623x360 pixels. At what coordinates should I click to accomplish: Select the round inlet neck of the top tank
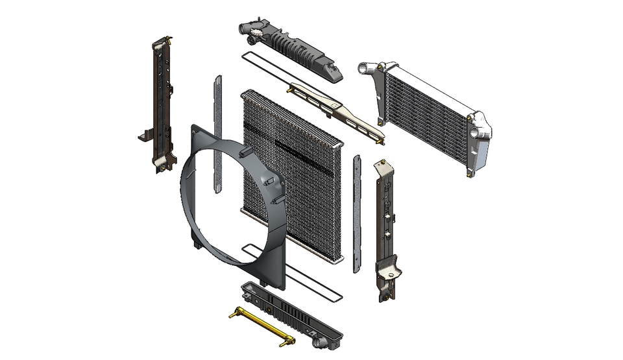[x=244, y=29]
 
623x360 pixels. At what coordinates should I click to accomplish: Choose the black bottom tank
[x=292, y=315]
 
